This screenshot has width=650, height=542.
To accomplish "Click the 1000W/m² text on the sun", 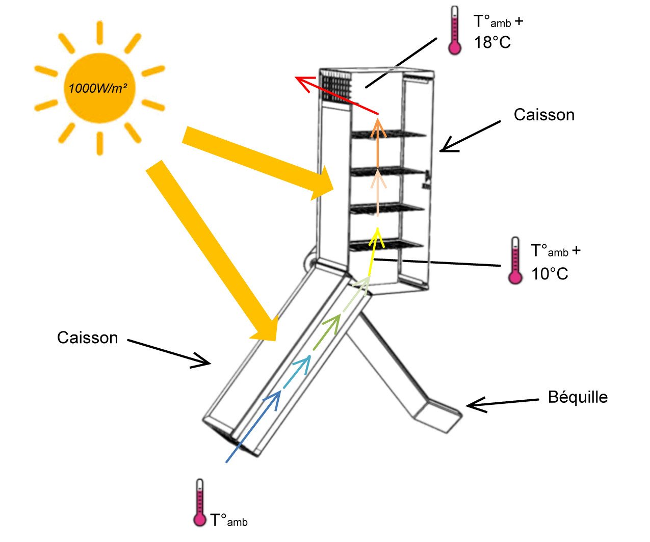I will (x=98, y=88).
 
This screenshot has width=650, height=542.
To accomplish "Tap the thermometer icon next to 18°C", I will (x=454, y=31).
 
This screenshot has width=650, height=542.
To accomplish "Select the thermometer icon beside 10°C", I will (x=515, y=260).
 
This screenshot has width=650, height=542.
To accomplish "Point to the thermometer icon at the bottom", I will (x=199, y=503).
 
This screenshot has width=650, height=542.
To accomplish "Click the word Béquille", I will (x=578, y=397).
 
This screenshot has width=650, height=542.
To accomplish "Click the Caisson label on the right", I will (x=544, y=115).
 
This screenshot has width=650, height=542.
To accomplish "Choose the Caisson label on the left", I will (x=87, y=338).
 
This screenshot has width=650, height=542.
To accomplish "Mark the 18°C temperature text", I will (x=492, y=43).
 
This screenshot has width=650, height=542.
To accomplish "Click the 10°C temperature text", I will (x=550, y=274).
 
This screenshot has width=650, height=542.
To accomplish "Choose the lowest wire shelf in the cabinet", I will (x=387, y=245).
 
